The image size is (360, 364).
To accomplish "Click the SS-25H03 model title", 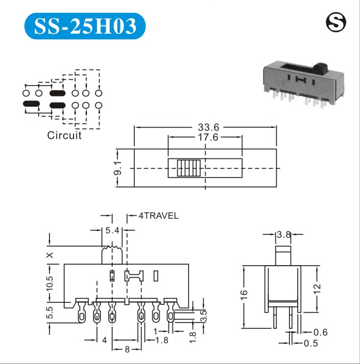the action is [x=85, y=26].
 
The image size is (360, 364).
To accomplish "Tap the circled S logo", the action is [x=336, y=23].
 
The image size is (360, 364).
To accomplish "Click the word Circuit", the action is [x=64, y=136].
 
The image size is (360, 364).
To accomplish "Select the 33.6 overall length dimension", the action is [x=209, y=127].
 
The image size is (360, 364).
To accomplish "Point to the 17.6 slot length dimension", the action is [x=208, y=137].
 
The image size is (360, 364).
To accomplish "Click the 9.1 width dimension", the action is [x=118, y=168].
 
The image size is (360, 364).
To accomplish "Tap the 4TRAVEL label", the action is [x=159, y=216].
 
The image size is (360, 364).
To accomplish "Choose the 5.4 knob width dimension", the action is [x=112, y=230].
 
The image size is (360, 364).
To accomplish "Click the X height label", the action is [x=50, y=255].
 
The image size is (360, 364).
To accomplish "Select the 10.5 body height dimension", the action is [x=49, y=283].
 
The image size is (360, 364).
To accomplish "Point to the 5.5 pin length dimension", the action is [x=49, y=312].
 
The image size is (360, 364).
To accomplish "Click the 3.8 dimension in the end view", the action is [x=284, y=235].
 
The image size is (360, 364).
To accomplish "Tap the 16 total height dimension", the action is [x=244, y=295].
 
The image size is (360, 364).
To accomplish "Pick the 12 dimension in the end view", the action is [x=317, y=289].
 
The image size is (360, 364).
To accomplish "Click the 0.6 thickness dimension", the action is [x=320, y=332].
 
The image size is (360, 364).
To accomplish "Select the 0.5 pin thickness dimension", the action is [x=311, y=343].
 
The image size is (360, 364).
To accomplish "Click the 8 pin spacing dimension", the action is [x=127, y=349].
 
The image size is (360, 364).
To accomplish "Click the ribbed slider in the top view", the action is [x=189, y=168].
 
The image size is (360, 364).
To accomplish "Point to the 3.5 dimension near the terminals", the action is [x=203, y=316].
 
